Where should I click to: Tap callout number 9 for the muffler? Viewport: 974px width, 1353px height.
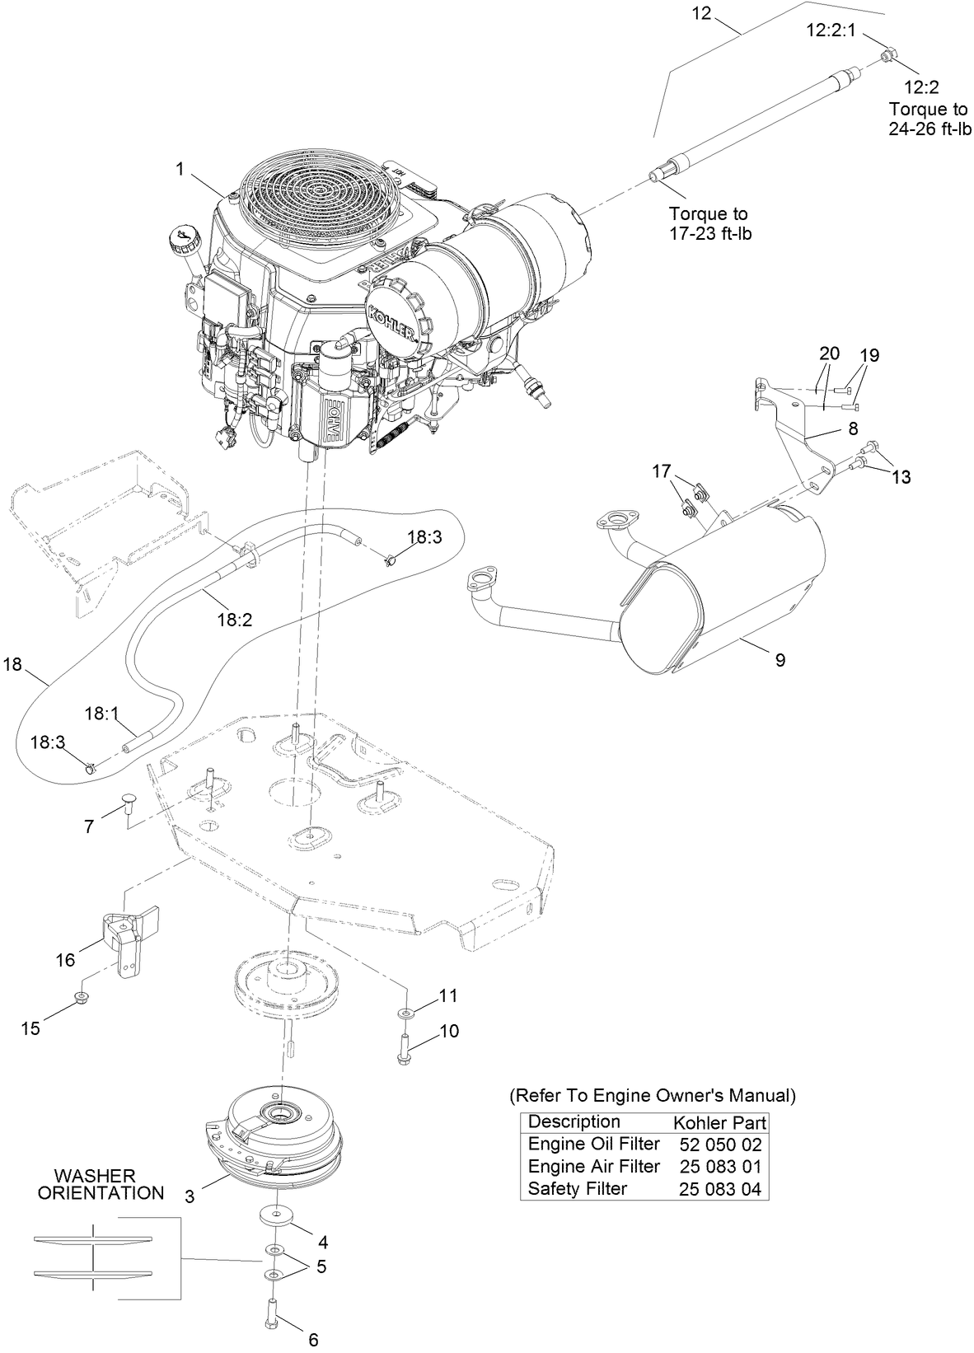tap(780, 659)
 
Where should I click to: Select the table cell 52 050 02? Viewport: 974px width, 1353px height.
tap(720, 1145)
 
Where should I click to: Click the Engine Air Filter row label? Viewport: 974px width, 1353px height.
tap(593, 1167)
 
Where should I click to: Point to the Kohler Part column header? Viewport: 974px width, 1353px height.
tap(719, 1122)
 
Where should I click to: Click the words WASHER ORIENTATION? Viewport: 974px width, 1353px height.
tap(101, 1184)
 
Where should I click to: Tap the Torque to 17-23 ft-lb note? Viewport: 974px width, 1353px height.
tap(709, 224)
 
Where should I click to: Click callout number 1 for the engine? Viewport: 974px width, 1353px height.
tap(179, 169)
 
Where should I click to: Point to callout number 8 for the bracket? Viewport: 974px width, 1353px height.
tap(852, 428)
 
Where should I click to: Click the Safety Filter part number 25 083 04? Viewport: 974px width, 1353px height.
tap(720, 1189)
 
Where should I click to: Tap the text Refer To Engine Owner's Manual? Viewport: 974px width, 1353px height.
tap(653, 1096)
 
